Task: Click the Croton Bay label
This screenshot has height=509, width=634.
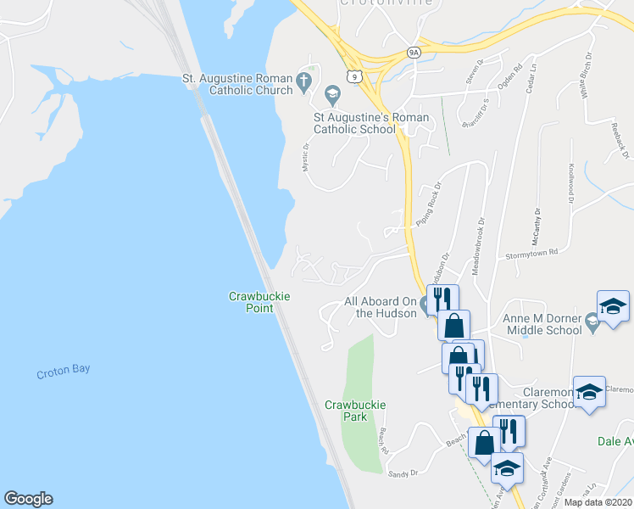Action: pos(64,369)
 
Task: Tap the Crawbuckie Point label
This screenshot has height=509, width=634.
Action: pos(260,302)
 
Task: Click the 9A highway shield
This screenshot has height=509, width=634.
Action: pos(414,52)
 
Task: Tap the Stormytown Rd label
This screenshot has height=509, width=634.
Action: pos(531,252)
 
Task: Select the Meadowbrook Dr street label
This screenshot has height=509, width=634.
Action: pos(481,242)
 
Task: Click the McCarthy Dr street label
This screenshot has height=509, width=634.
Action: pos(536,228)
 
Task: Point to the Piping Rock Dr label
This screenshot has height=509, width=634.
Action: pos(429,204)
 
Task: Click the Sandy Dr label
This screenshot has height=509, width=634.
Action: pos(403,474)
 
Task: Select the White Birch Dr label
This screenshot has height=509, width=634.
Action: pos(585,76)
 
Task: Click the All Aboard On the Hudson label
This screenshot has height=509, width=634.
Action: pos(381,307)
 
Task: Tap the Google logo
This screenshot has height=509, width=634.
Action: pos(28,499)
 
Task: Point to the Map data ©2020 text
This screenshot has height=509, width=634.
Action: pos(598,502)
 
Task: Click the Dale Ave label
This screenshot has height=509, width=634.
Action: pos(615,441)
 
